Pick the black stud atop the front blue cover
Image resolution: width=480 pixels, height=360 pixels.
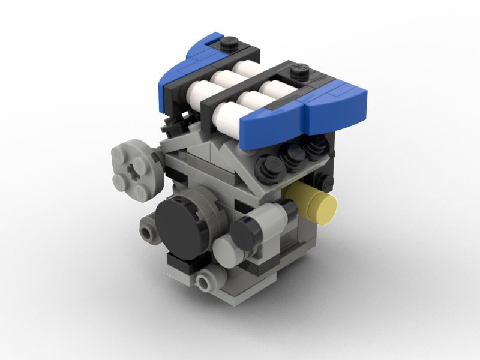click(x=299, y=74)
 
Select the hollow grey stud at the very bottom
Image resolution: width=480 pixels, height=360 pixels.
click(x=206, y=280)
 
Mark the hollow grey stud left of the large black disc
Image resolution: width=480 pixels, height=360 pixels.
click(x=146, y=231)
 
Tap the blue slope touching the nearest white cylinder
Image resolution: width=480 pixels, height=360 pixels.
click(x=264, y=127)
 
